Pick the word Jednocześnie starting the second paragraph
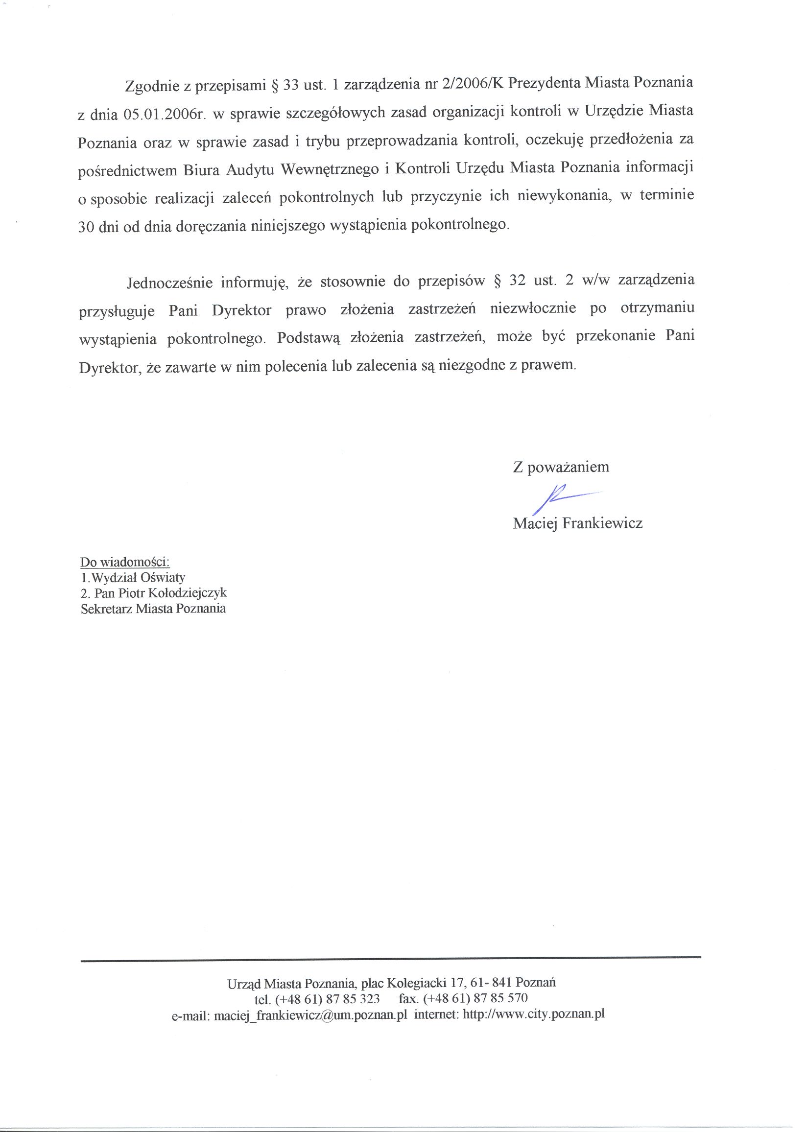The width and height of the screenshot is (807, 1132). click(x=169, y=283)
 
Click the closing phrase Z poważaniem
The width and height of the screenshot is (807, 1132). click(x=561, y=467)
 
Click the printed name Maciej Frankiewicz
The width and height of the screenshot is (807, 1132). click(x=577, y=523)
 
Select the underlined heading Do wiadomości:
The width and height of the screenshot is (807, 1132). click(x=125, y=562)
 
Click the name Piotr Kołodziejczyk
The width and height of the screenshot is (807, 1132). click(x=172, y=593)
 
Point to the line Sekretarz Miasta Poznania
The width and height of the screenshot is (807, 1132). click(x=153, y=609)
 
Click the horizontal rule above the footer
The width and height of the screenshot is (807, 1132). click(x=391, y=957)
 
